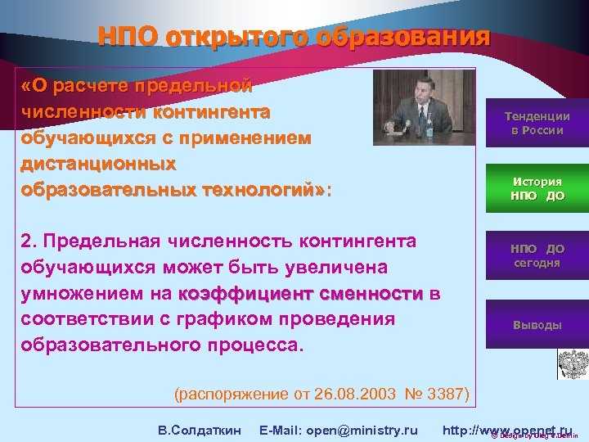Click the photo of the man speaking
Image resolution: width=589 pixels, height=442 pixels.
click(x=424, y=107)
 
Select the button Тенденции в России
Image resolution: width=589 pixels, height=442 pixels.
click(x=537, y=124)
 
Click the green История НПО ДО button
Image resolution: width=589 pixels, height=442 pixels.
click(x=537, y=188)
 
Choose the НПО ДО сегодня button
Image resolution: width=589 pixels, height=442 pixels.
click(x=537, y=255)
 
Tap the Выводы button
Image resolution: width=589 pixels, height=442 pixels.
click(x=537, y=324)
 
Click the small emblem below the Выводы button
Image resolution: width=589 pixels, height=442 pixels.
click(x=569, y=363)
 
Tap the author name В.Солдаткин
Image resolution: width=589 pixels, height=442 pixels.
click(x=199, y=430)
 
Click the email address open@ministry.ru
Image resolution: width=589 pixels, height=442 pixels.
click(x=338, y=430)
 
